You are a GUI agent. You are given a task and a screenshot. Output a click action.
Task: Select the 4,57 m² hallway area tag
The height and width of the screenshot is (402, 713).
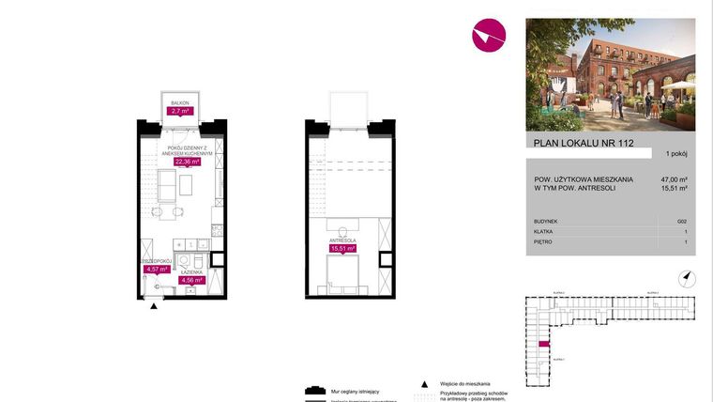click(155, 269)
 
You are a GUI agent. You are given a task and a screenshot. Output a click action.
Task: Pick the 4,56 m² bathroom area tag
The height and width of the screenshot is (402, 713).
click(190, 279)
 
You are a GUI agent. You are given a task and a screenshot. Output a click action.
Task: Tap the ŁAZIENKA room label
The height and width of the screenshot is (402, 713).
click(191, 271)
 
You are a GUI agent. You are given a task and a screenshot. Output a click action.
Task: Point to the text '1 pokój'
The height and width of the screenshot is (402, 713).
click(676, 153)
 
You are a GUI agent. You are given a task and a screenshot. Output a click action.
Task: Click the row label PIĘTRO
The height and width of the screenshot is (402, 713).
click(543, 241)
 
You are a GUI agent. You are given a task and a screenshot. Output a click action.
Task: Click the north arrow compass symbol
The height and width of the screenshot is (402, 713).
click(686, 276)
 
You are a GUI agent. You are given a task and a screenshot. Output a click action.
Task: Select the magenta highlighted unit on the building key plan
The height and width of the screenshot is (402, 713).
click(542, 345)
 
